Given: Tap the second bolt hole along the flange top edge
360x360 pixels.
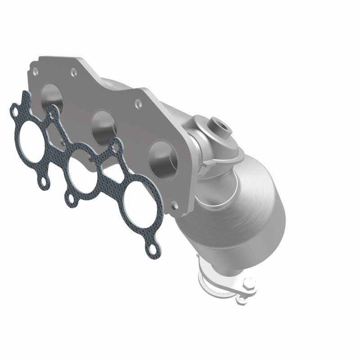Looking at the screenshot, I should click(x=71, y=70).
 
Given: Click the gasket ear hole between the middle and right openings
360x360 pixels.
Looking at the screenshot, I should click(x=116, y=145).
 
